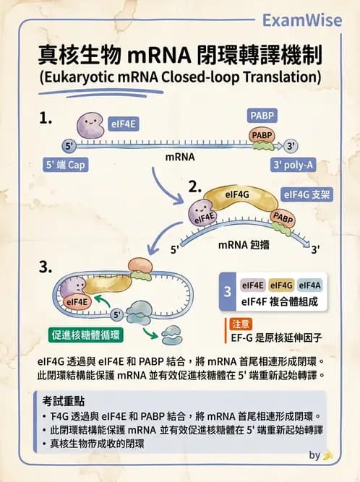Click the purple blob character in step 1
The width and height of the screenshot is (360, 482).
tap(90, 126)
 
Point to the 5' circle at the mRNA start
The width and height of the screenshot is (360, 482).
tap(70, 144)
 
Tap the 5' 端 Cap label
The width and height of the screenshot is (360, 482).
tap(67, 165)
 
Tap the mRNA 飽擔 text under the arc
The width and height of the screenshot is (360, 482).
tap(243, 245)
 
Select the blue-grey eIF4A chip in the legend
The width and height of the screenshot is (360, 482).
tap(309, 286)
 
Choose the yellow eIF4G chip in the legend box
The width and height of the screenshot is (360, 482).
tap(280, 286)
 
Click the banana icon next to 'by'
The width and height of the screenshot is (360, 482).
tap(328, 455)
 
